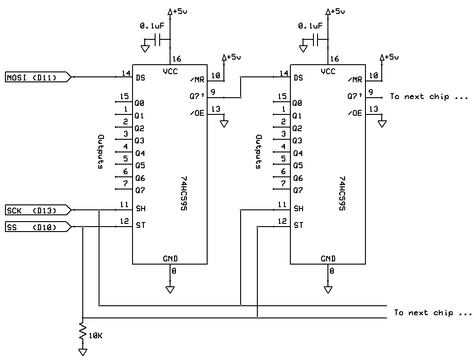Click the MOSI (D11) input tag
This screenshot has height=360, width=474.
pos(38,77)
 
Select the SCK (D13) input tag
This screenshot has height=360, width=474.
pos(38,210)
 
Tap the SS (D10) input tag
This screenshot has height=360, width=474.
pos(38,227)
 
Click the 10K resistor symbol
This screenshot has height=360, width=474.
pos(82,332)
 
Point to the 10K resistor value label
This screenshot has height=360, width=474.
pos(95,336)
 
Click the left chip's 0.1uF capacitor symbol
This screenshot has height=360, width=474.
pos(157,40)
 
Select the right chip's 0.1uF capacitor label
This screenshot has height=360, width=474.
pos(310,26)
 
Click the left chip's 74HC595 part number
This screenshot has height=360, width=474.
pos(184,194)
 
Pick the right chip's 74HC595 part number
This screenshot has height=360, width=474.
pos(342,194)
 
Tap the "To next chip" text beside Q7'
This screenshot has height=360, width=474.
pos(429,97)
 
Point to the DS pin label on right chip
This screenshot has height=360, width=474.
pos(299,78)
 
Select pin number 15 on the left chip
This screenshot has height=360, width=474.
pos(124,96)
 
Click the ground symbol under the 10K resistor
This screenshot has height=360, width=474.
pos(82,352)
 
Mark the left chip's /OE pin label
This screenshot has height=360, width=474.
pos(197,113)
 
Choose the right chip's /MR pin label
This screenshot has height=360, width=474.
pos(355,80)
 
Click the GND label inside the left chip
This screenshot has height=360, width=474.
pos(170,259)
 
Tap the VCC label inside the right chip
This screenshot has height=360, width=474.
pos(328,71)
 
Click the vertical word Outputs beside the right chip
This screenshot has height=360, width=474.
pos(259,152)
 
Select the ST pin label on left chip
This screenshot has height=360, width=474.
pos(141,225)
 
